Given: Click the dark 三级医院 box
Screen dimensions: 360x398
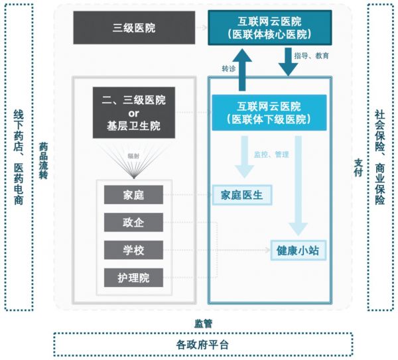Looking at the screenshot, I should [134, 28].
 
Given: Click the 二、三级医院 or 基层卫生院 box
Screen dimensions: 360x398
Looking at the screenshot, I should [133, 113].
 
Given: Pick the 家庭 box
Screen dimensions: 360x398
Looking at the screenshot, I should [133, 195].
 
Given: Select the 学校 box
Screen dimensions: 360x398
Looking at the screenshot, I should [133, 250].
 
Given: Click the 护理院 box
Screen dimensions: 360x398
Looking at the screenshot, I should [133, 277].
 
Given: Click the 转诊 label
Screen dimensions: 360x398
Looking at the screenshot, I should [229, 70].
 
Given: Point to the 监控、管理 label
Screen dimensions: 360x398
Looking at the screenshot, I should [271, 154].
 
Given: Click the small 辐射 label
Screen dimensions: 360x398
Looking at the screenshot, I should [133, 156].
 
